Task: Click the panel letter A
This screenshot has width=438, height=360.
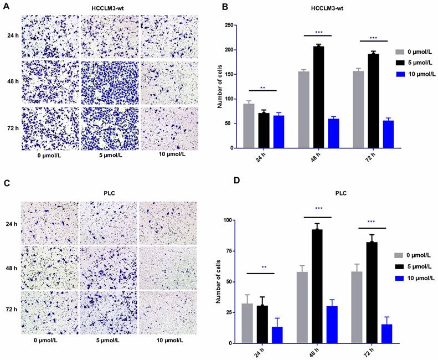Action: click(x=7, y=7)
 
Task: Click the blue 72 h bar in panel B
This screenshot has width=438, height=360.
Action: click(x=389, y=134)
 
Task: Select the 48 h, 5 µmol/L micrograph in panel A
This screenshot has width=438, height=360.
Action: click(x=109, y=82)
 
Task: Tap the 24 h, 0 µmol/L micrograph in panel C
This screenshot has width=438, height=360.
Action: click(x=50, y=223)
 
